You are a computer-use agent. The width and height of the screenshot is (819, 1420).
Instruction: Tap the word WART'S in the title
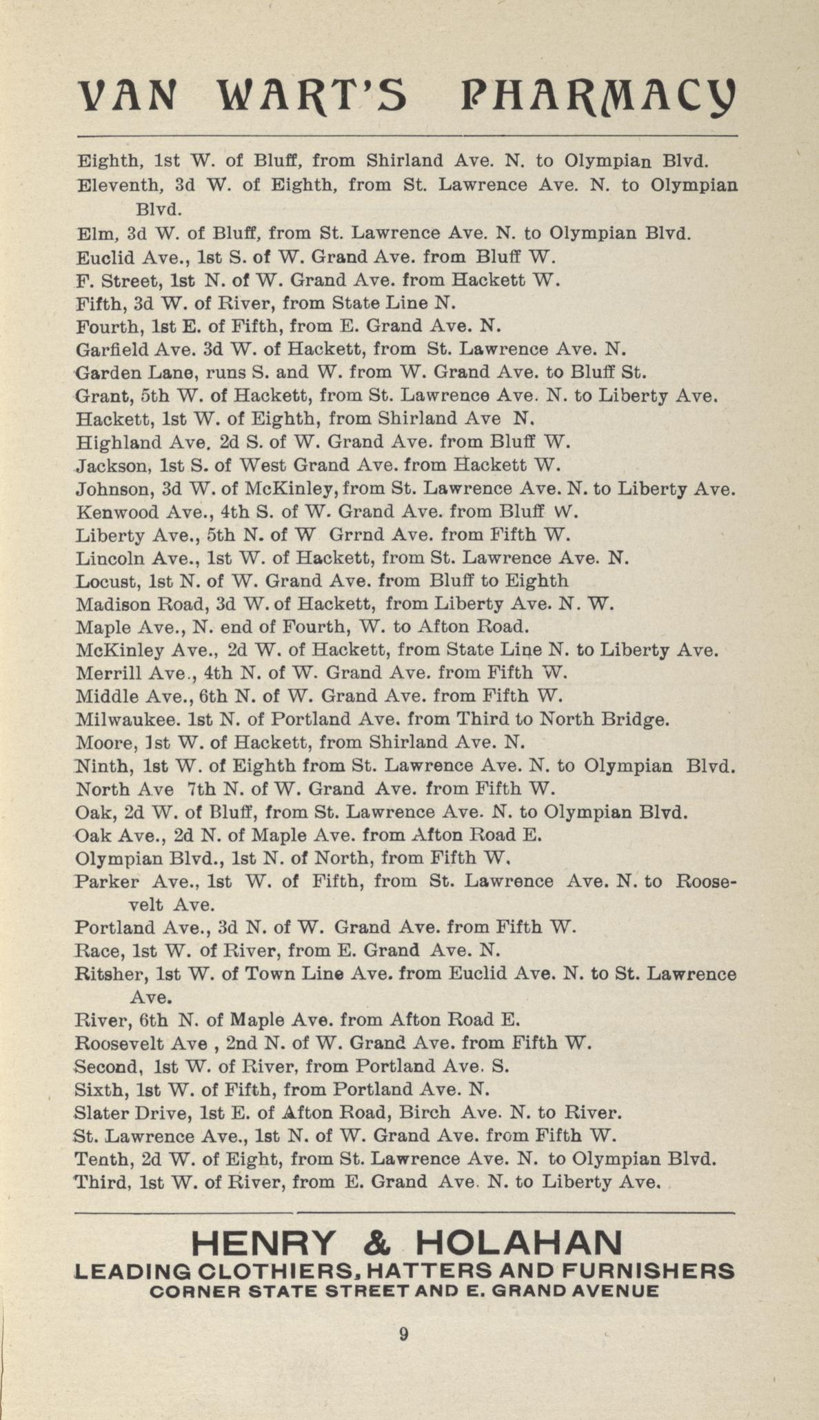(x=312, y=95)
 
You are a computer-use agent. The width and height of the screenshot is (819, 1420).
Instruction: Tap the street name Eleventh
(x=110, y=185)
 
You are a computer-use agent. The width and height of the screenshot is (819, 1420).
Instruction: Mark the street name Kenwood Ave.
(x=126, y=512)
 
